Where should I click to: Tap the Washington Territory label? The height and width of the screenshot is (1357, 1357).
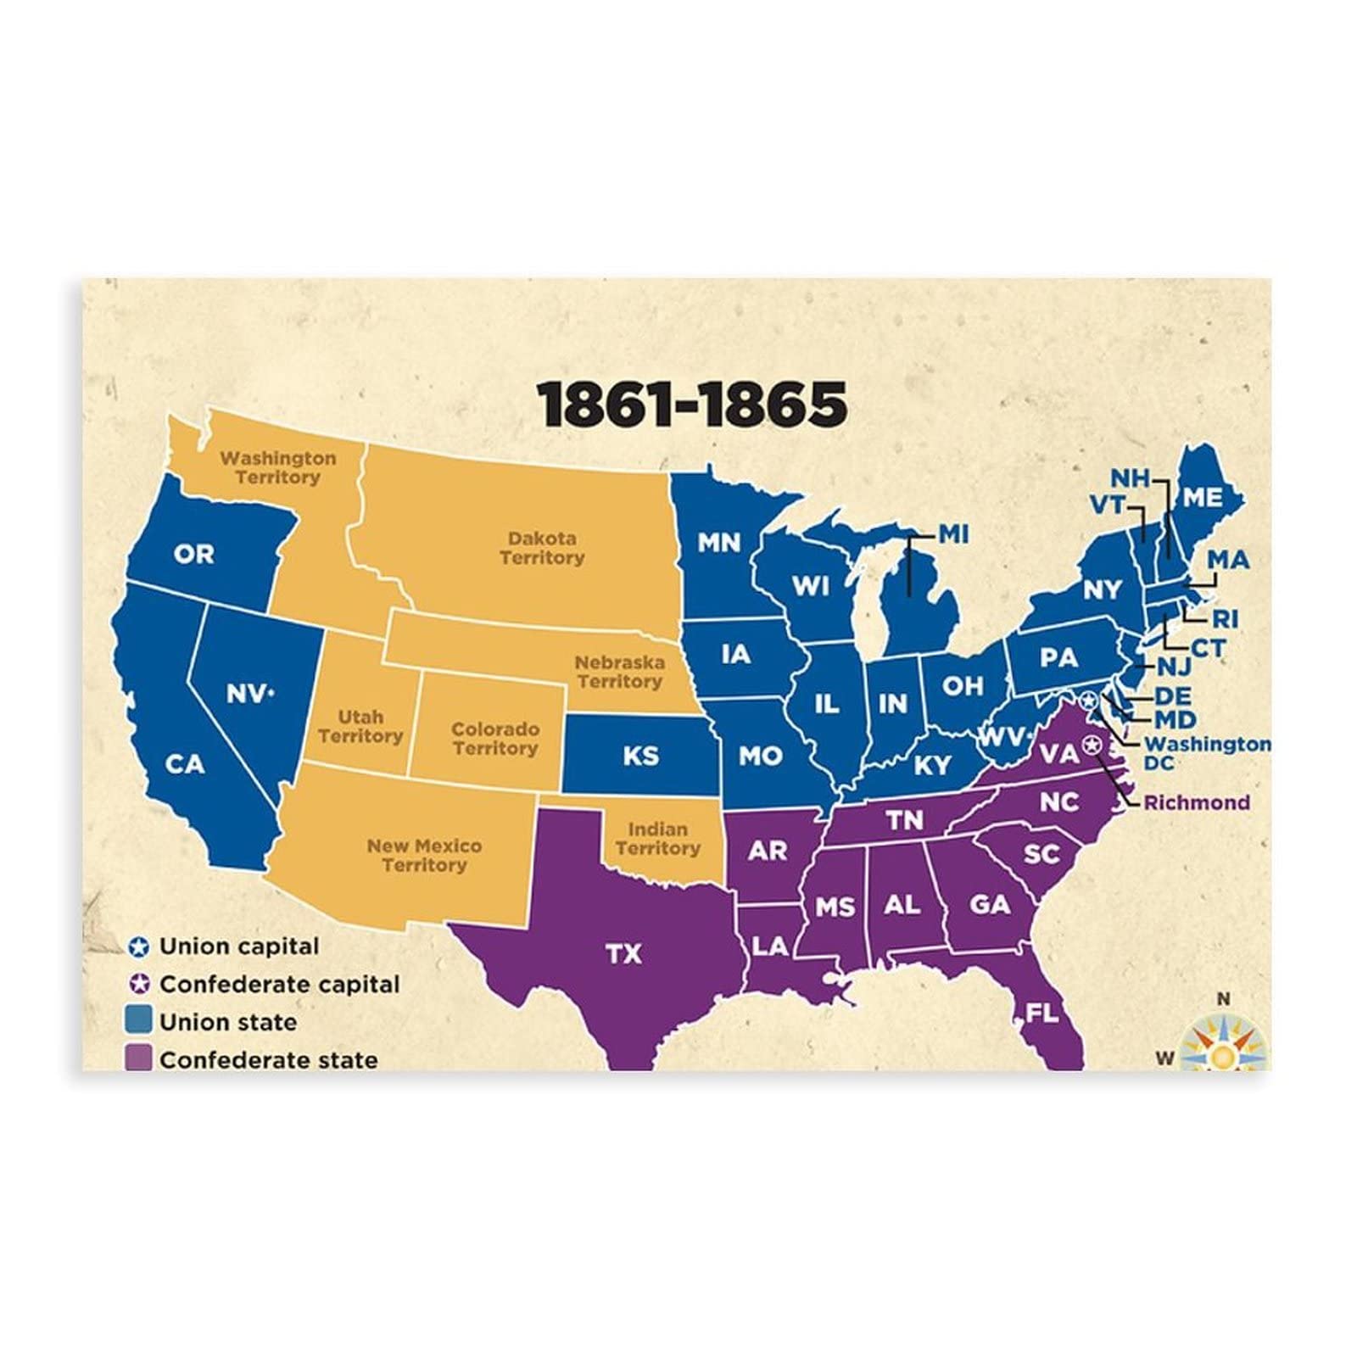click(278, 467)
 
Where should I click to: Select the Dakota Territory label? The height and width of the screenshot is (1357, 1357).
click(542, 548)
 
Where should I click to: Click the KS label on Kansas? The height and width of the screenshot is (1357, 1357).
click(640, 755)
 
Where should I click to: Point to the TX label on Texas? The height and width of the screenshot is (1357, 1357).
click(623, 954)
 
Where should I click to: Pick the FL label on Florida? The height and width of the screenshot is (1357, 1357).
click(1042, 1013)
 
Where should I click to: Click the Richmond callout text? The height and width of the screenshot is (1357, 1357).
click(1197, 802)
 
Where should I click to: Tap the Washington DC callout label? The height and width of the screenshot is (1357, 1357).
click(1207, 753)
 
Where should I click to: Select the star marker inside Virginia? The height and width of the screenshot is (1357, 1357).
click(1093, 746)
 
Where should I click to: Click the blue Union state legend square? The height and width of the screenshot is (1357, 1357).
click(138, 1020)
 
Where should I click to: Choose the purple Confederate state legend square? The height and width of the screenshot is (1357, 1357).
click(138, 1058)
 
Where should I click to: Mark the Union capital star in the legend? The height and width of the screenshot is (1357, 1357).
click(139, 947)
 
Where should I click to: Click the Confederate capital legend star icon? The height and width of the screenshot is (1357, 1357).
click(139, 984)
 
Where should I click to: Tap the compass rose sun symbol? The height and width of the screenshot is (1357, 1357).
click(1222, 1055)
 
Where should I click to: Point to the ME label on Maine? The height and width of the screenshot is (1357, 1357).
click(1202, 497)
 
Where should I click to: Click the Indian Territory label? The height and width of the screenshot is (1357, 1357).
click(657, 838)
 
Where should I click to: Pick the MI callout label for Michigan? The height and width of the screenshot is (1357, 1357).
click(953, 534)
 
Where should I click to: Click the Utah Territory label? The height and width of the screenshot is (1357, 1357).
click(360, 727)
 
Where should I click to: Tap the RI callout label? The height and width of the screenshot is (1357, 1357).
click(1225, 619)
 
